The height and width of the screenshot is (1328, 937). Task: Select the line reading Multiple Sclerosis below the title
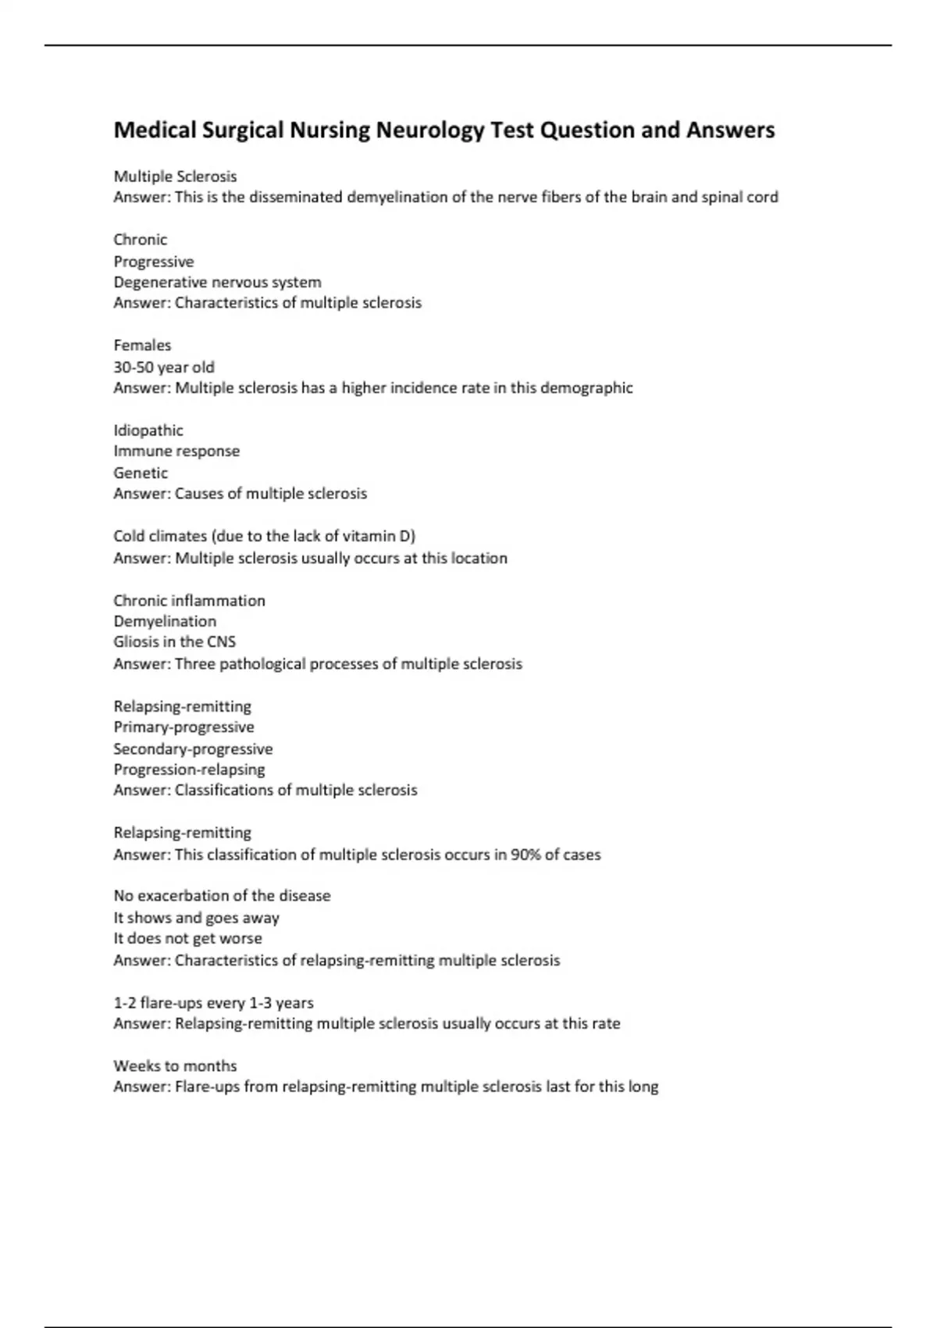tap(175, 177)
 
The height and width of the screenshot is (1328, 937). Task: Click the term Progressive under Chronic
tap(153, 261)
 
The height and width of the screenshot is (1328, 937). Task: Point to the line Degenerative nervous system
tap(217, 282)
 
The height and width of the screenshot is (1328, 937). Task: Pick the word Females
tap(142, 345)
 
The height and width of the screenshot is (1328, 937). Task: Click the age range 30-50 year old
tap(164, 366)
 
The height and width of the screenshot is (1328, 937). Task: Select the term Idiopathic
tap(148, 430)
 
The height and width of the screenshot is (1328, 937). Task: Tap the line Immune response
tap(176, 451)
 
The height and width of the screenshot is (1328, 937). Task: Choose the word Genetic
tap(141, 473)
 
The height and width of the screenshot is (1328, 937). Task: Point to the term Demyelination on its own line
tap(165, 621)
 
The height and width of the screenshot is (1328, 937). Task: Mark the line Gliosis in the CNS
tap(174, 641)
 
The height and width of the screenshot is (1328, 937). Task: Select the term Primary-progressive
tap(183, 726)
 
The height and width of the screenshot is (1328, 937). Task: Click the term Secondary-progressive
tap(193, 748)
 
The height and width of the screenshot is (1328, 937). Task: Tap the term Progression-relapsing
tap(189, 769)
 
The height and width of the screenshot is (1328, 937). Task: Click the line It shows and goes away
tap(196, 918)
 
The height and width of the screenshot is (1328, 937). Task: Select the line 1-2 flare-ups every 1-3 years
tap(213, 1002)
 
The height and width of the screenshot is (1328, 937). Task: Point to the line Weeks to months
tap(175, 1066)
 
